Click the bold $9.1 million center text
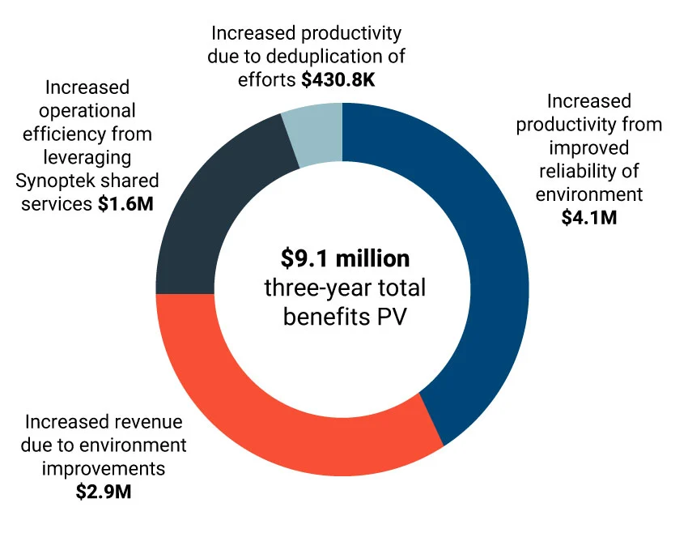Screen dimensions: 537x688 [345, 258]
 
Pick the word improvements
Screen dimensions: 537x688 [104, 468]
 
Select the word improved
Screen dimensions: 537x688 [588, 147]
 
